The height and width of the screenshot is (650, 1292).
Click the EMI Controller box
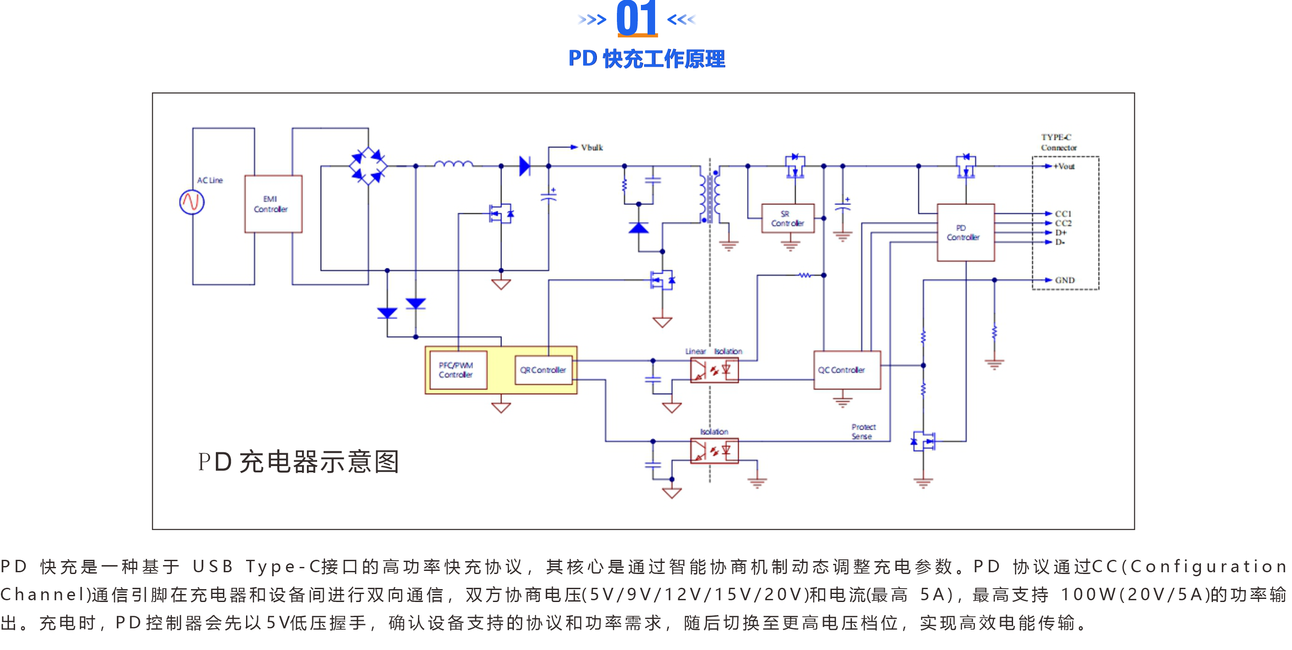pyautogui.click(x=273, y=203)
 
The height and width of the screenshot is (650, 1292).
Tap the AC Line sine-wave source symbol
pyautogui.click(x=191, y=202)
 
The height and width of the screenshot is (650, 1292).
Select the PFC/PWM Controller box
pyautogui.click(x=456, y=370)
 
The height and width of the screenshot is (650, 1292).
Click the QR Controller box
pyautogui.click(x=543, y=370)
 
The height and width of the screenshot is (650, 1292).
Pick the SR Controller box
pyautogui.click(x=787, y=219)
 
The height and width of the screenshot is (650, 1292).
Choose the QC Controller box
pyautogui.click(x=847, y=370)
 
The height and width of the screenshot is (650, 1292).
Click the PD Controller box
pyautogui.click(x=965, y=232)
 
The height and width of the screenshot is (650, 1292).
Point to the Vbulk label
pyautogui.click(x=592, y=148)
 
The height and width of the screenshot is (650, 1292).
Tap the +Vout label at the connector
pyautogui.click(x=1064, y=167)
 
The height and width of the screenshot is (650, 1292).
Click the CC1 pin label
pyautogui.click(x=1063, y=214)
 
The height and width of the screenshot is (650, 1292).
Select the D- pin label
pyautogui.click(x=1060, y=242)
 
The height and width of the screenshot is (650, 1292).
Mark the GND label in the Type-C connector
pyautogui.click(x=1064, y=280)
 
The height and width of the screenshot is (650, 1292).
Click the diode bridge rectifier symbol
pyautogui.click(x=368, y=166)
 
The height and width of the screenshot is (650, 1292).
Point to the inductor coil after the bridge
pyautogui.click(x=453, y=163)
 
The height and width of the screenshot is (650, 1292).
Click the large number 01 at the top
pyautogui.click(x=636, y=19)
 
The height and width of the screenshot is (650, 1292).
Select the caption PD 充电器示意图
pyautogui.click(x=298, y=462)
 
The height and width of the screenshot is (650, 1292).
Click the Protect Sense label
pyautogui.click(x=863, y=432)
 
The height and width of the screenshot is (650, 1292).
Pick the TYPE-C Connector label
pyautogui.click(x=1058, y=143)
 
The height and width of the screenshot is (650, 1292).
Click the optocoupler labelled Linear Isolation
pyautogui.click(x=714, y=371)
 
